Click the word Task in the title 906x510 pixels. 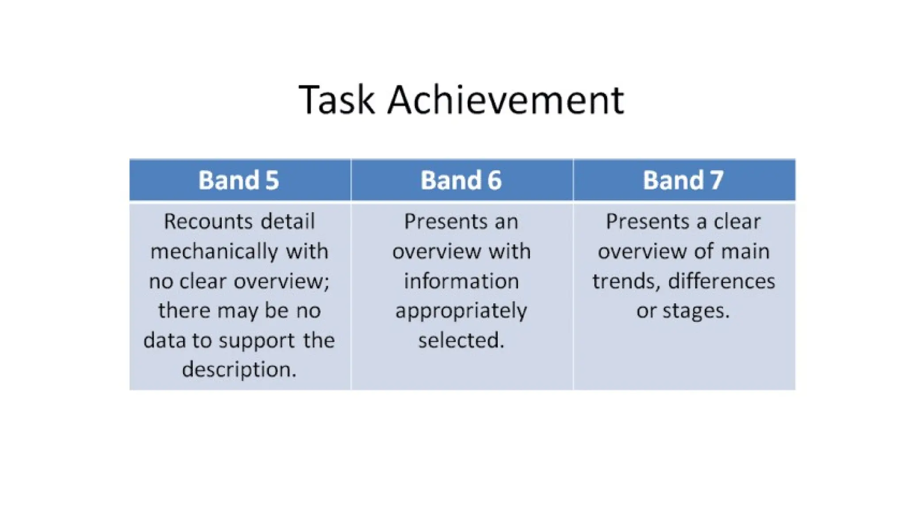pos(337,100)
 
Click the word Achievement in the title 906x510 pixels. pos(505,100)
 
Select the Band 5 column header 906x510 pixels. pos(239,180)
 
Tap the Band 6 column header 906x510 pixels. pos(461,180)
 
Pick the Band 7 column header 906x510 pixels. pos(683,180)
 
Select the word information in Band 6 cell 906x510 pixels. pos(461,281)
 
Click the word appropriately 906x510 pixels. pos(461,311)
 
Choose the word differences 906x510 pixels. pos(721,281)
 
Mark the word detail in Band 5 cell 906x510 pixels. pos(288,221)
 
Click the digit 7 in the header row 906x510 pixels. pos(716,180)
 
